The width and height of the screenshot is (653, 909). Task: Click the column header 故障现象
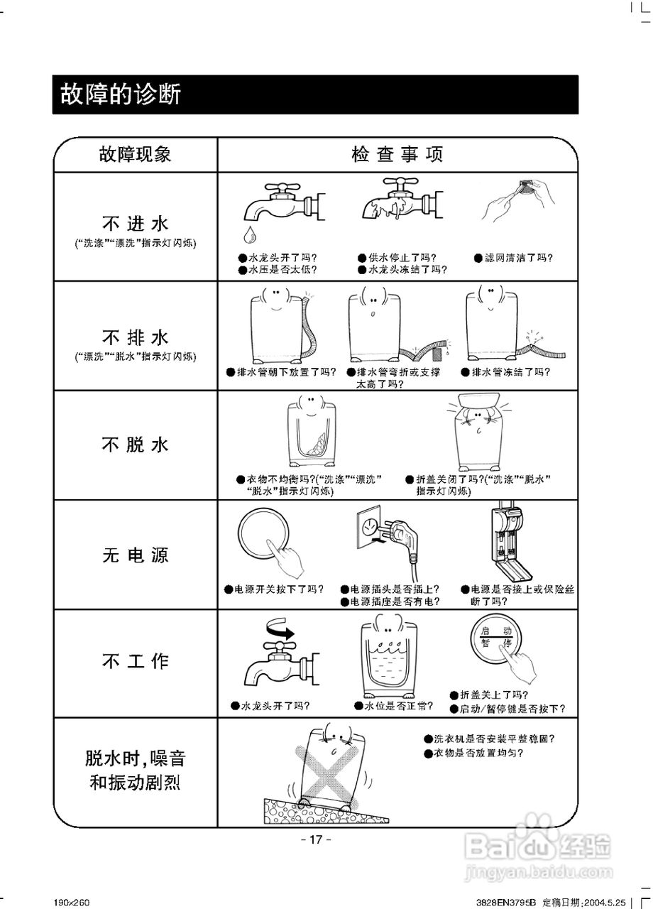135,154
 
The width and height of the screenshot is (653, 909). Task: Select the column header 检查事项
397,154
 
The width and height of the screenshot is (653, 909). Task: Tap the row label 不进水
135,224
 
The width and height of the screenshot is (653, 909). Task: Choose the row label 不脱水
135,445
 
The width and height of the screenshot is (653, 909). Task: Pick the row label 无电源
135,555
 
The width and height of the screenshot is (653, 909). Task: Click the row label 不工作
135,661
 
